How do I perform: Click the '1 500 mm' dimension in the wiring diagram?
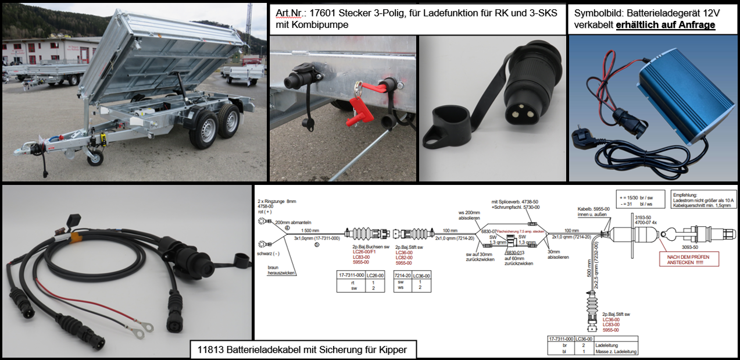tap(310, 231)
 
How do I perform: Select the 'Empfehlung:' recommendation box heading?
tap(686, 196)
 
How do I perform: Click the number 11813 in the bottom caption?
tap(209, 350)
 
